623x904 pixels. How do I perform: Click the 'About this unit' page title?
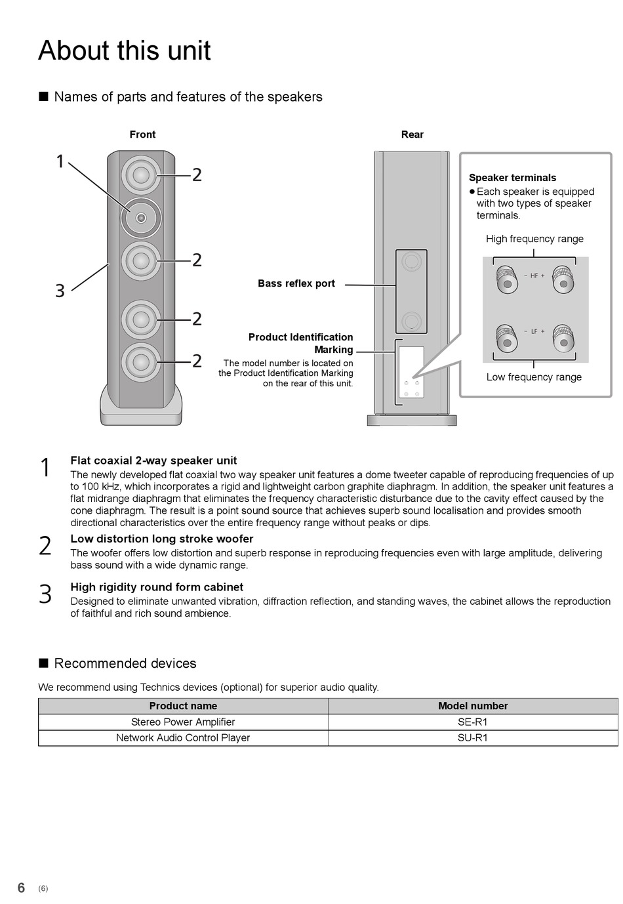(125, 51)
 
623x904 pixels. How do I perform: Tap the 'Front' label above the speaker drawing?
(142, 134)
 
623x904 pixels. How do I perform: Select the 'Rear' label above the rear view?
(412, 134)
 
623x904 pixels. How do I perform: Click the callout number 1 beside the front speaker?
(60, 161)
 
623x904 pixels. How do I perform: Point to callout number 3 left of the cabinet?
(60, 291)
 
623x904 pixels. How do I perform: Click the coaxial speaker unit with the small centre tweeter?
(141, 218)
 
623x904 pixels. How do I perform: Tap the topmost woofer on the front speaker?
(141, 175)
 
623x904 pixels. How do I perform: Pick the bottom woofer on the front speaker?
(141, 361)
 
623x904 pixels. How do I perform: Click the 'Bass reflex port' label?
(296, 283)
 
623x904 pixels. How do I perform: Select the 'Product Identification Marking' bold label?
(300, 343)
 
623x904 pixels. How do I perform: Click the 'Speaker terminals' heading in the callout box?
(512, 178)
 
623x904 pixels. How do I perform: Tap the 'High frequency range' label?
(534, 239)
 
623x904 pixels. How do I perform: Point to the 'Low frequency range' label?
(534, 377)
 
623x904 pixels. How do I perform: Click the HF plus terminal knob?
(563, 279)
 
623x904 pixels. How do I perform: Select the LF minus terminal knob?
(507, 339)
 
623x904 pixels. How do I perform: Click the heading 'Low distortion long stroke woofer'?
(162, 539)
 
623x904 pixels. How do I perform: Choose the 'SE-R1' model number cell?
(472, 722)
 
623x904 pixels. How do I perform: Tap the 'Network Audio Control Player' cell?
(183, 738)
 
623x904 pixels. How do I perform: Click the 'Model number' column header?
(473, 705)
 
